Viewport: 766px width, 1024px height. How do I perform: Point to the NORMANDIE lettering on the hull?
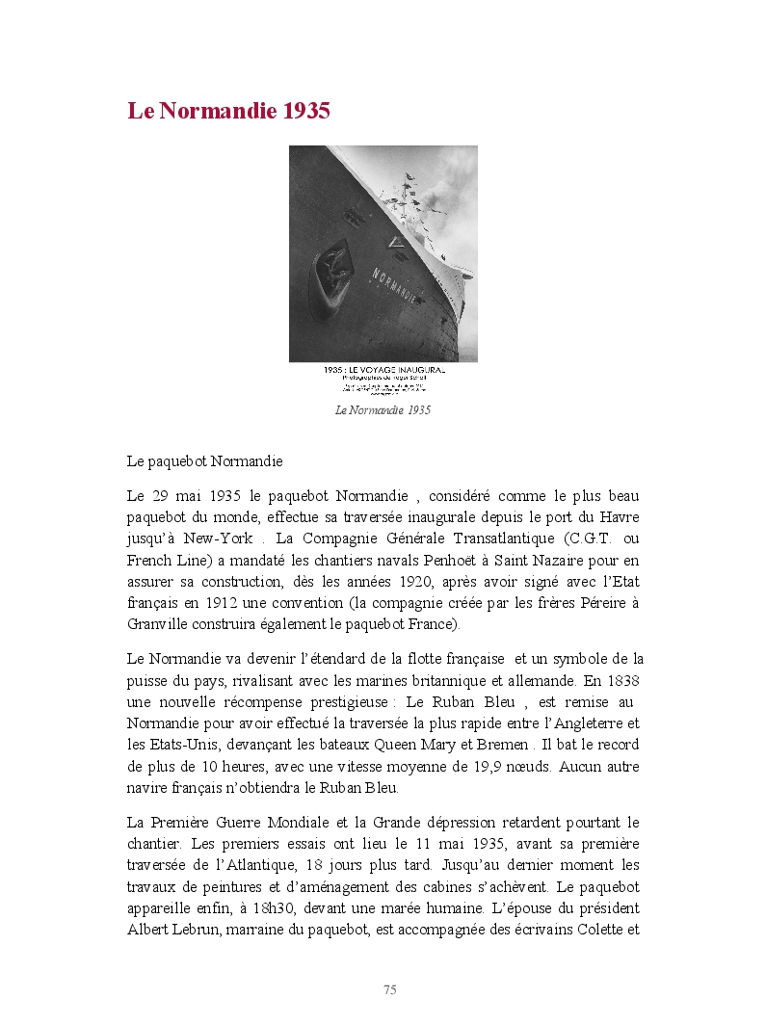click(x=395, y=286)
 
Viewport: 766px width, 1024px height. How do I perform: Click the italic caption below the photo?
click(x=383, y=410)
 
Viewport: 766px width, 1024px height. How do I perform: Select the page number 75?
click(x=389, y=989)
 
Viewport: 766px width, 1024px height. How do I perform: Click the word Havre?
click(x=620, y=517)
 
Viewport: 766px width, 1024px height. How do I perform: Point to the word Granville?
click(x=158, y=623)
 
